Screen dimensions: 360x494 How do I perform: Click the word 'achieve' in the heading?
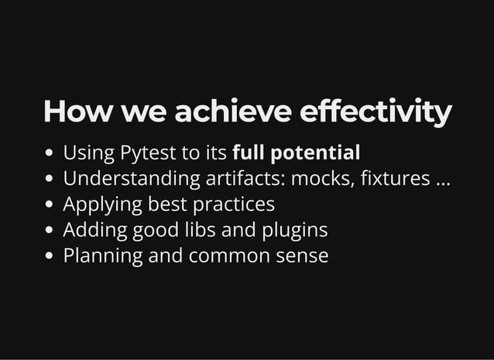(232, 111)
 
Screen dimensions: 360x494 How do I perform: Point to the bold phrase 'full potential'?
(296, 153)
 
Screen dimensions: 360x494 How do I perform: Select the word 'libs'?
(198, 230)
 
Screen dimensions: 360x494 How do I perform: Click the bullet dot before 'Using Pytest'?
(50, 154)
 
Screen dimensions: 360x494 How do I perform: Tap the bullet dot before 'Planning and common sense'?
(50, 256)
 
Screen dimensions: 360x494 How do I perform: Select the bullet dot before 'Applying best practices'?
(50, 205)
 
